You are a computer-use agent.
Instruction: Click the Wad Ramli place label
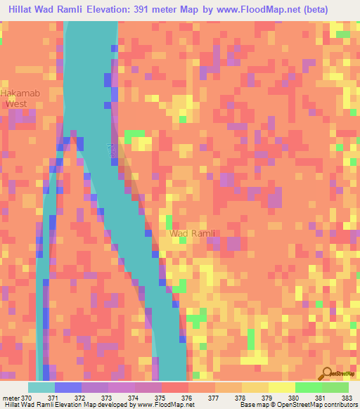click(x=192, y=233)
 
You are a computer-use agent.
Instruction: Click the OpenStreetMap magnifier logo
click(x=328, y=375)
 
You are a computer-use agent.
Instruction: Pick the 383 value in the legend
click(x=347, y=398)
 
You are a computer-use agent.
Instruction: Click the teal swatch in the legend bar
click(x=41, y=387)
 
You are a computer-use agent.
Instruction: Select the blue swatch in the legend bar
click(x=68, y=387)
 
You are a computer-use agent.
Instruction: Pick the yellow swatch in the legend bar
click(x=281, y=387)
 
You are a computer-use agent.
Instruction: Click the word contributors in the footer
click(x=340, y=405)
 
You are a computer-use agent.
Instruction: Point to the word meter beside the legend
click(x=11, y=398)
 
